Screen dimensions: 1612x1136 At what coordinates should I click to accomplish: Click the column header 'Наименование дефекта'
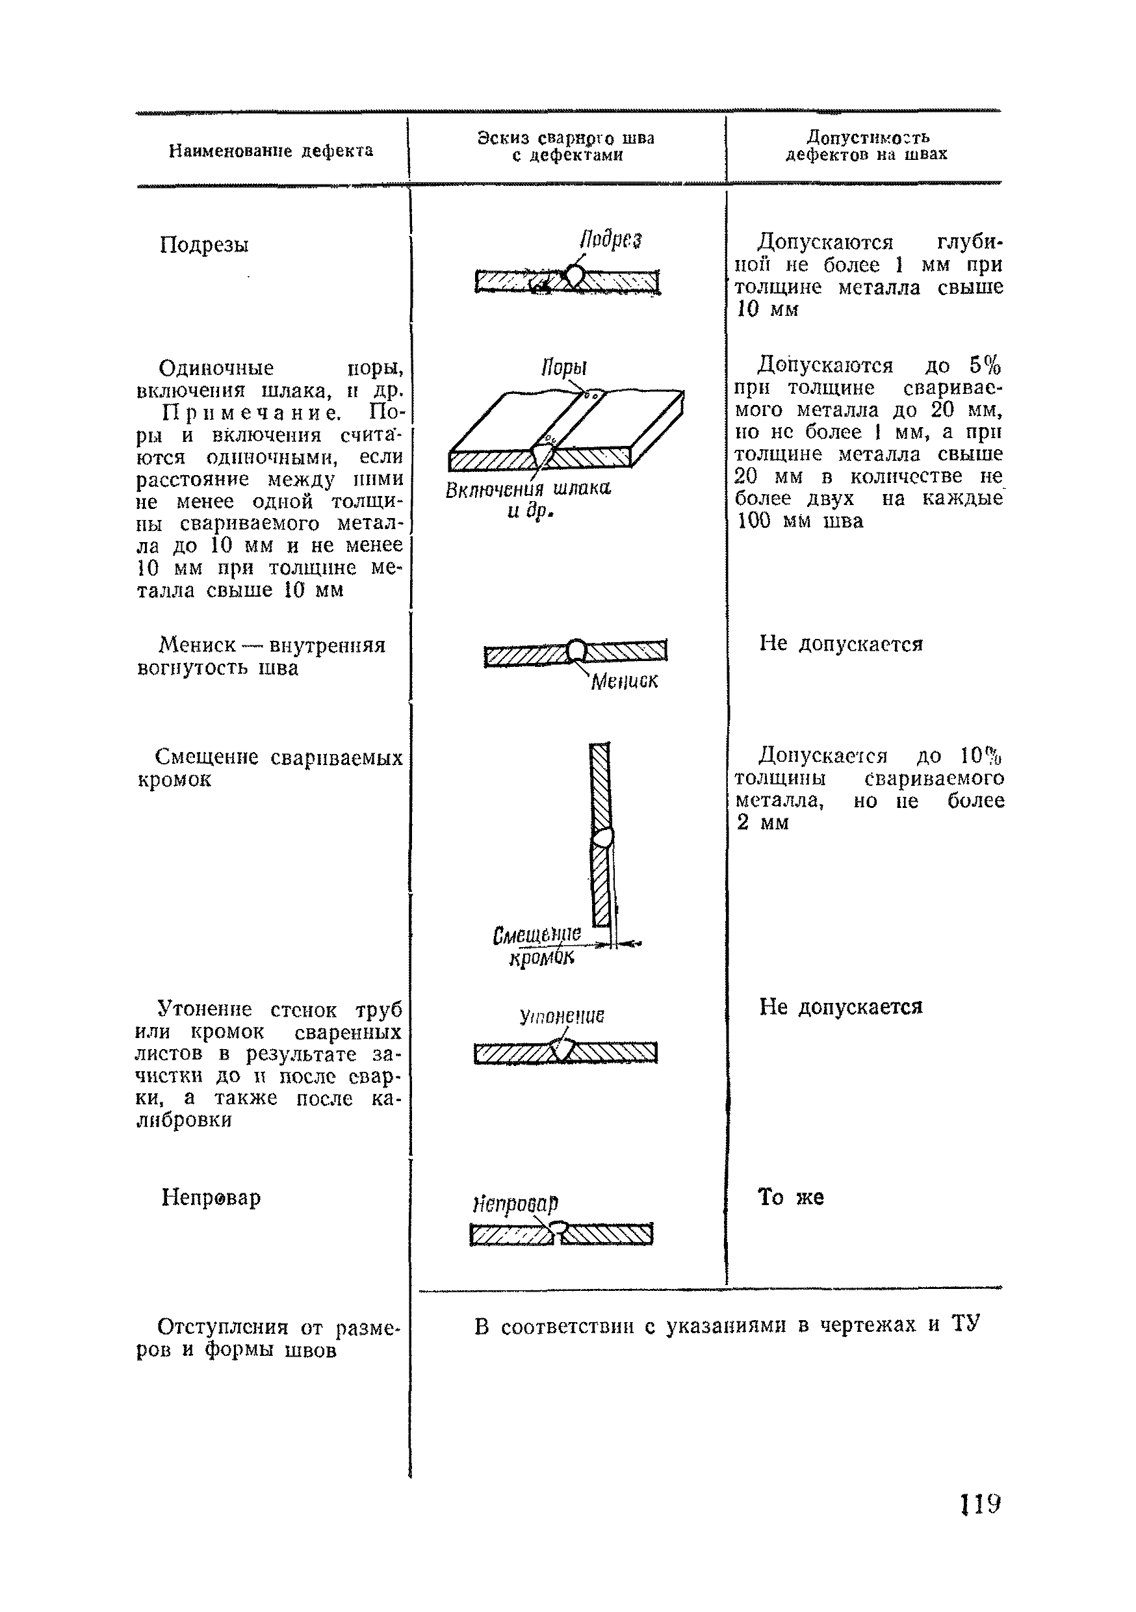pos(270,151)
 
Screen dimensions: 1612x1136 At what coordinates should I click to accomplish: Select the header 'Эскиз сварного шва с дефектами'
pos(566,147)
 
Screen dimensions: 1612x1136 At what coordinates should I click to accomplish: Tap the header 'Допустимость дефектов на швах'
pos(866,146)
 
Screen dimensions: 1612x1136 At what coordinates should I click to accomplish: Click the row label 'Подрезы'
pos(203,245)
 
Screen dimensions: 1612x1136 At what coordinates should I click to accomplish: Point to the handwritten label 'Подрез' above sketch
pos(610,240)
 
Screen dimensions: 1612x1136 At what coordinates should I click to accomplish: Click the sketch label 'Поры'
pos(564,368)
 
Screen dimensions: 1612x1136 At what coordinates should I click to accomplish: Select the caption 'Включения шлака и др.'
pos(528,499)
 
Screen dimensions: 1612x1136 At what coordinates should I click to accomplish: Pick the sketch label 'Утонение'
pos(562,1016)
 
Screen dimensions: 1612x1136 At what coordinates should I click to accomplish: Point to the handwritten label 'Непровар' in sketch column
pos(515,1203)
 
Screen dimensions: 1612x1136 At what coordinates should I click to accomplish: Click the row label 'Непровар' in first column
pos(211,1197)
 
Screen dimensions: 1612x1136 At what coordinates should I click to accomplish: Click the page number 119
pos(980,1504)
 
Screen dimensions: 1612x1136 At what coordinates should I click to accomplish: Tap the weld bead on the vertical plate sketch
pos(602,837)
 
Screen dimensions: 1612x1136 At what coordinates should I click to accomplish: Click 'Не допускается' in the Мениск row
pos(840,643)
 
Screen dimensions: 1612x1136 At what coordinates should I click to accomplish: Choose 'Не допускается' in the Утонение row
pos(840,1007)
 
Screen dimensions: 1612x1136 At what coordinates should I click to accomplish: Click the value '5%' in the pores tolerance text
pos(985,366)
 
